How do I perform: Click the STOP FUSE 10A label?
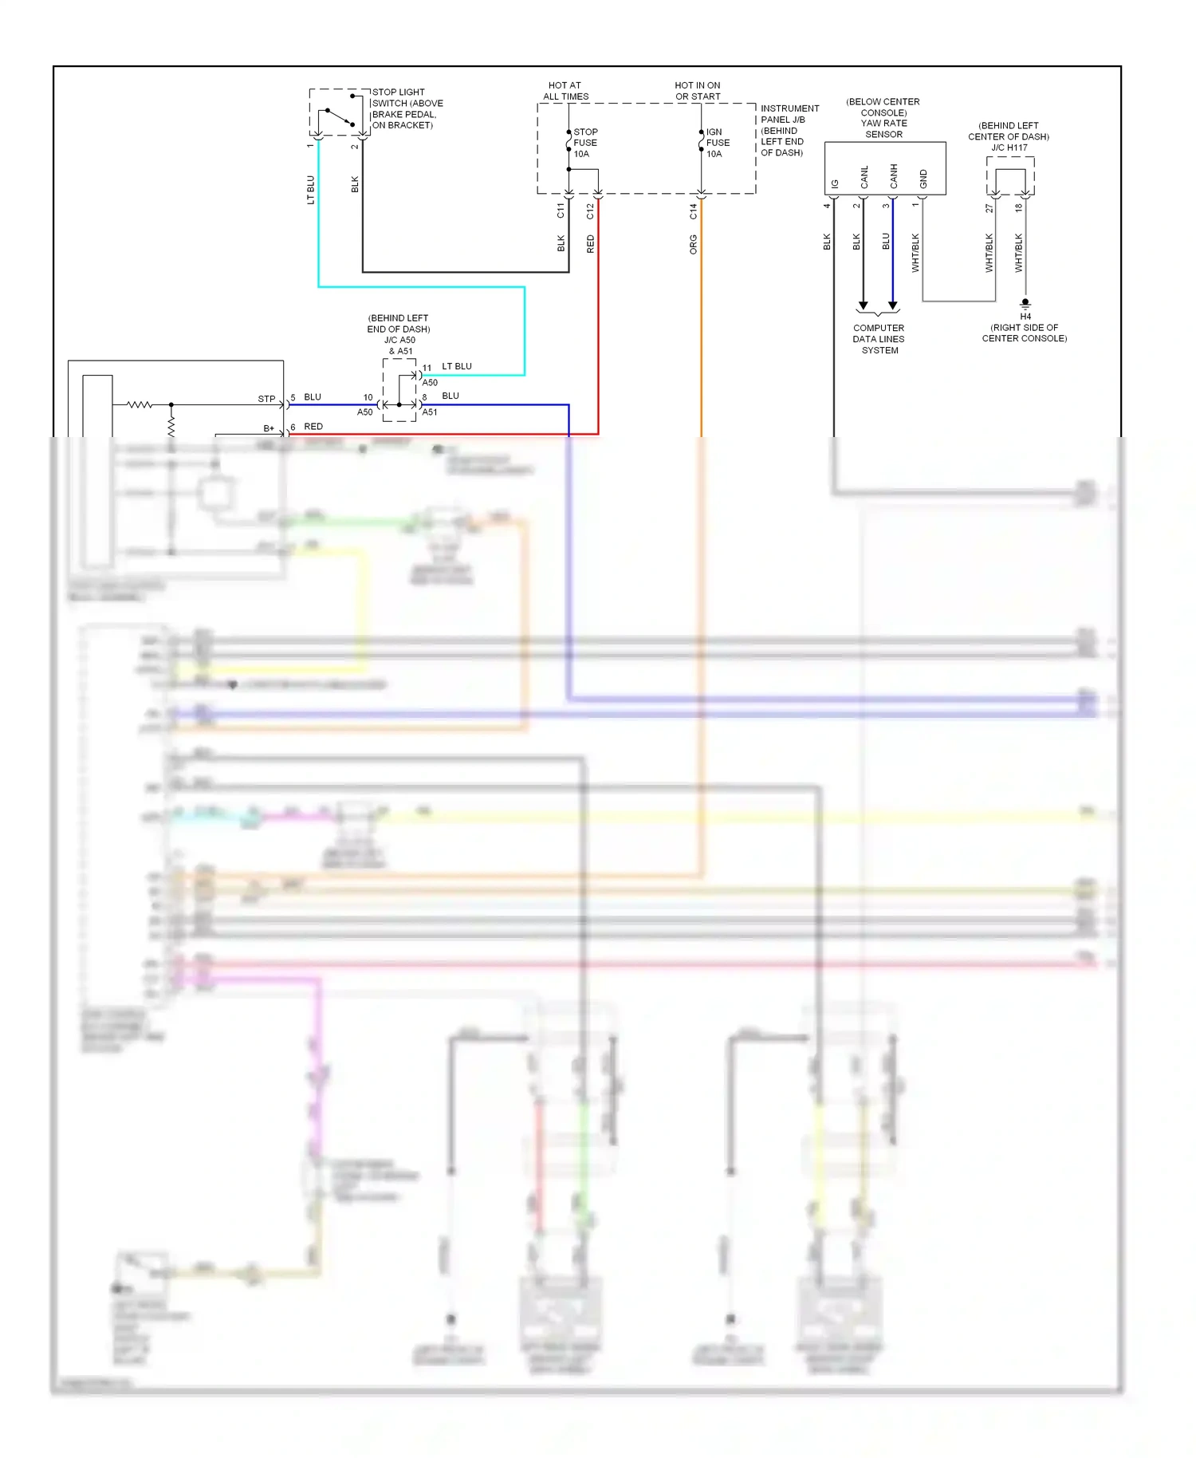[x=584, y=144]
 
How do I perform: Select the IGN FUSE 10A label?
[x=717, y=144]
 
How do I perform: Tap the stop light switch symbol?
[x=338, y=114]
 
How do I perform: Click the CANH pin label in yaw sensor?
[x=894, y=176]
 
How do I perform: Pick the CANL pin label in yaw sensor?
[x=864, y=177]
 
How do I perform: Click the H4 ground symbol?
[x=1025, y=304]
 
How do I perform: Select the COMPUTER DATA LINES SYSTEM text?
[x=879, y=339]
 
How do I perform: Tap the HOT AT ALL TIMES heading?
[x=565, y=91]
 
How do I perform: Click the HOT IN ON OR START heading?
[x=697, y=91]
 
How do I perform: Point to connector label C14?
[x=693, y=211]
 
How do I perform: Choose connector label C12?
[x=590, y=211]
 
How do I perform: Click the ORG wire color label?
[x=693, y=245]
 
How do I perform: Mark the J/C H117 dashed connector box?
[x=1010, y=175]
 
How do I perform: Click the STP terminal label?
[x=266, y=399]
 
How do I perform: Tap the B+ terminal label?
[x=269, y=428]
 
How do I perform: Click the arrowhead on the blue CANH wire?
[x=893, y=306]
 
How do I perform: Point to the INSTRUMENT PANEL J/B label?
[x=789, y=114]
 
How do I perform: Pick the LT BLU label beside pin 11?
[x=457, y=367]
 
